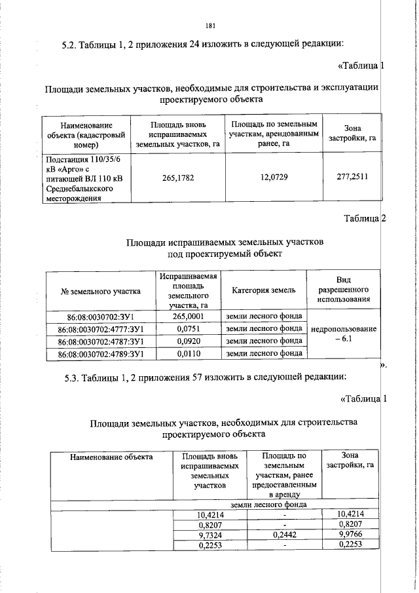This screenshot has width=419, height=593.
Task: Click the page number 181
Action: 210,26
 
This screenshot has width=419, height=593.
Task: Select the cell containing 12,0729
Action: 273,178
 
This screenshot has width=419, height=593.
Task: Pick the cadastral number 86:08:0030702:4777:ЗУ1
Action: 101,329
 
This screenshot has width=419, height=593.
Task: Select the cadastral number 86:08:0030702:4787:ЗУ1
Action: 101,341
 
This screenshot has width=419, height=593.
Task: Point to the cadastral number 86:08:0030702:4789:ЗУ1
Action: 101,354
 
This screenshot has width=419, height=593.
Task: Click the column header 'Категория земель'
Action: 264,290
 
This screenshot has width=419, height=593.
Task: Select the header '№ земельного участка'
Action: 101,290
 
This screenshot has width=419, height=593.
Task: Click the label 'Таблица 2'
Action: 365,218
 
